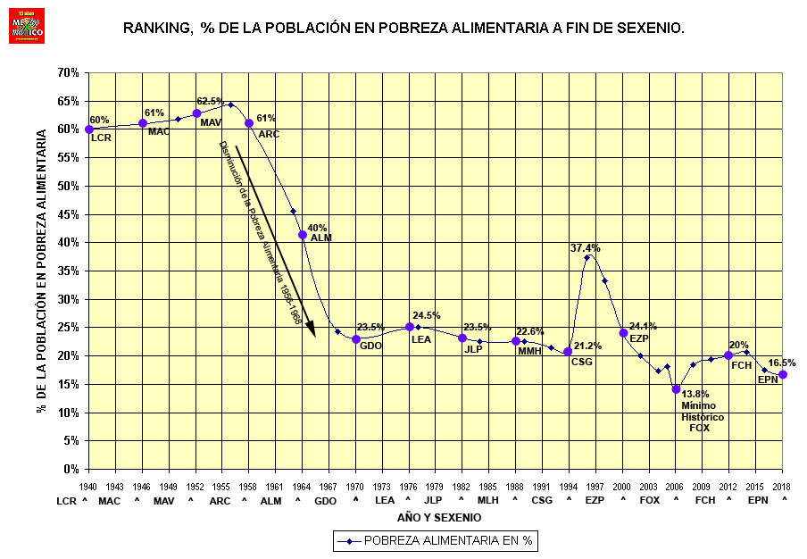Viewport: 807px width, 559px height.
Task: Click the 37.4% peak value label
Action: (x=586, y=247)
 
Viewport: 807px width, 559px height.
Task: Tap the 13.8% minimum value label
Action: (x=695, y=394)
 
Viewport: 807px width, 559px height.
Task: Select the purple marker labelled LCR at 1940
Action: (x=89, y=129)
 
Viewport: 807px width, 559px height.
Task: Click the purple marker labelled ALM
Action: (x=303, y=235)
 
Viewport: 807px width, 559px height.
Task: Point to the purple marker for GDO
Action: (x=356, y=339)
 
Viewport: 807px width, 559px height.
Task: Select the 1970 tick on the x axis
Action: (x=355, y=485)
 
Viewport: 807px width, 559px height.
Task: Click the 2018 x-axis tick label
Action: (x=783, y=485)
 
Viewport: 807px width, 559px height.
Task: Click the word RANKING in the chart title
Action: (x=157, y=29)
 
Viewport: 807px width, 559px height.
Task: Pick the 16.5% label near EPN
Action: (x=782, y=363)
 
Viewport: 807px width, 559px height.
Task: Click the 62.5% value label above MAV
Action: (x=210, y=101)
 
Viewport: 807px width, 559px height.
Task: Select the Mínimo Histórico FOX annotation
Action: (x=702, y=417)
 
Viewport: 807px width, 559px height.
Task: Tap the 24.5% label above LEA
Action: (x=427, y=315)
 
